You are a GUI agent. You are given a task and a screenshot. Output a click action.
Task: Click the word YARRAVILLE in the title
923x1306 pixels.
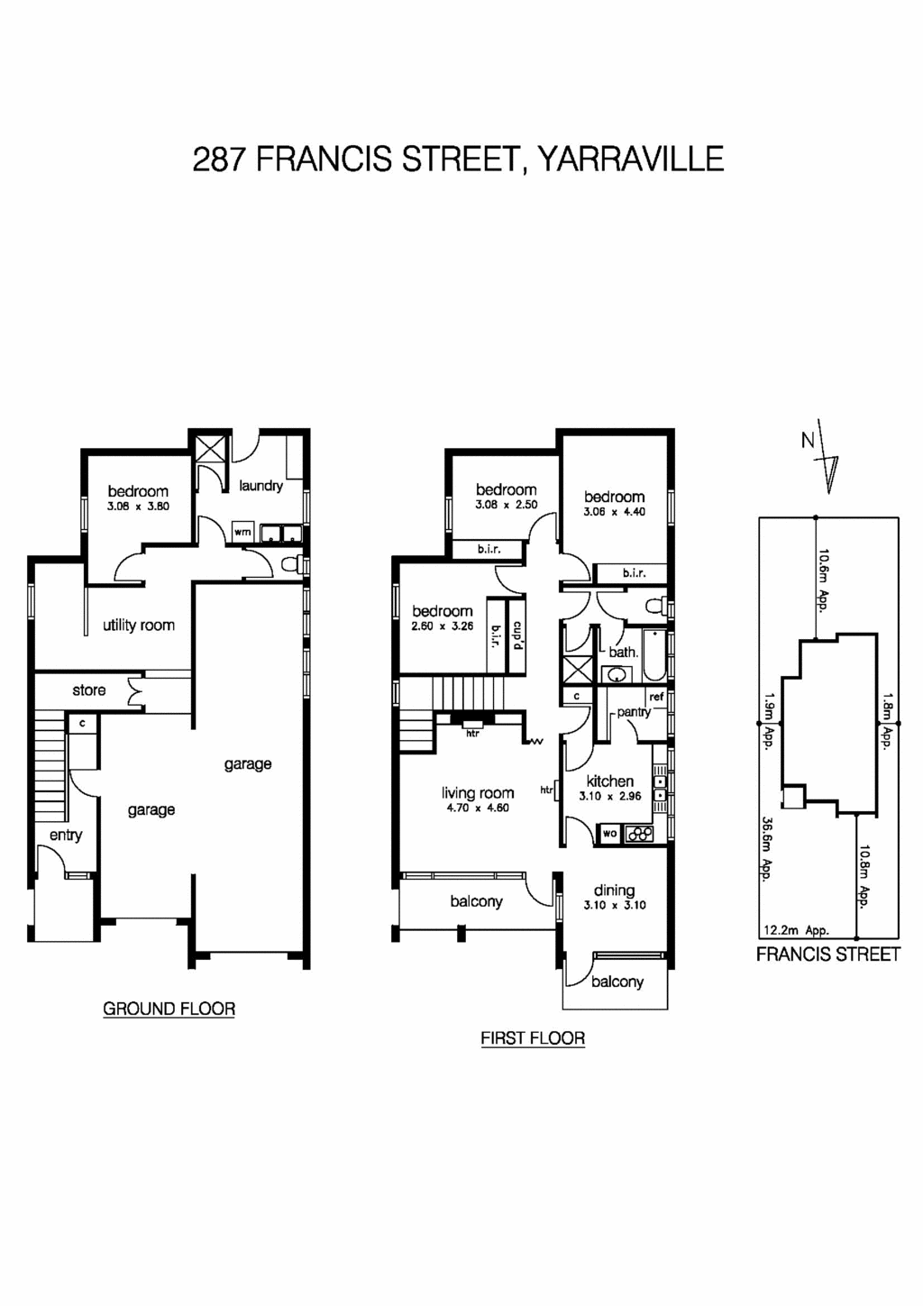pyautogui.click(x=630, y=160)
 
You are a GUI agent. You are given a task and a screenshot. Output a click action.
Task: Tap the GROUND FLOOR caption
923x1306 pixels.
pyautogui.click(x=169, y=1009)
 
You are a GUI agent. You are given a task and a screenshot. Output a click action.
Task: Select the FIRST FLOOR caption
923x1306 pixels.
pyautogui.click(x=532, y=1038)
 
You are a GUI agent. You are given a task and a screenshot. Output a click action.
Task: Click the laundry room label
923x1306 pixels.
pyautogui.click(x=260, y=486)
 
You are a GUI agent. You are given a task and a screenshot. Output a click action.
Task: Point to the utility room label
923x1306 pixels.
pyautogui.click(x=138, y=626)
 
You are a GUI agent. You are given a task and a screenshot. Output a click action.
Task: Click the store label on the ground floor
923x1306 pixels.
pyautogui.click(x=88, y=690)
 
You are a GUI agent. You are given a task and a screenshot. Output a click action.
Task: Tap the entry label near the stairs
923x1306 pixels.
pyautogui.click(x=66, y=836)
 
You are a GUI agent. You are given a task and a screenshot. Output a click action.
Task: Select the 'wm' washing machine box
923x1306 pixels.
pyautogui.click(x=242, y=532)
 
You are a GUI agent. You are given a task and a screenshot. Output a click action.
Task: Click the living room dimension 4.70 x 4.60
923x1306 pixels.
pyautogui.click(x=478, y=808)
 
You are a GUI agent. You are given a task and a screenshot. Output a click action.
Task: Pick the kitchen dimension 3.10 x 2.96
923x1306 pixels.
pyautogui.click(x=610, y=797)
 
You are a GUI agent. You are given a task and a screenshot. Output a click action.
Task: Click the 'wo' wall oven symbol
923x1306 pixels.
pyautogui.click(x=610, y=834)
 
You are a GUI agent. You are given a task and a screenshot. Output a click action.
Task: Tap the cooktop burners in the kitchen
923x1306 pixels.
pyautogui.click(x=640, y=835)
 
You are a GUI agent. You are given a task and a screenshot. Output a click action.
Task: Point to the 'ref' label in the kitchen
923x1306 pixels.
pyautogui.click(x=656, y=697)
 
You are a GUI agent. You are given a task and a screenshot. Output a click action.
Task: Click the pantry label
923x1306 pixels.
pyautogui.click(x=633, y=712)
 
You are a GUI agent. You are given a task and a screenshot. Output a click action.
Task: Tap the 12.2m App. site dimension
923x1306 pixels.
pyautogui.click(x=796, y=931)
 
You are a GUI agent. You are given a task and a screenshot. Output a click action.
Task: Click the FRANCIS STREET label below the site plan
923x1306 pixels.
pyautogui.click(x=827, y=954)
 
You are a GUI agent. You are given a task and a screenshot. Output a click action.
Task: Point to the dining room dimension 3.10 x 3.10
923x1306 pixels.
pyautogui.click(x=614, y=906)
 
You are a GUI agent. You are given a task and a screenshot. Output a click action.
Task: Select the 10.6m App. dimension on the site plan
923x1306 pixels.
pyautogui.click(x=823, y=580)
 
